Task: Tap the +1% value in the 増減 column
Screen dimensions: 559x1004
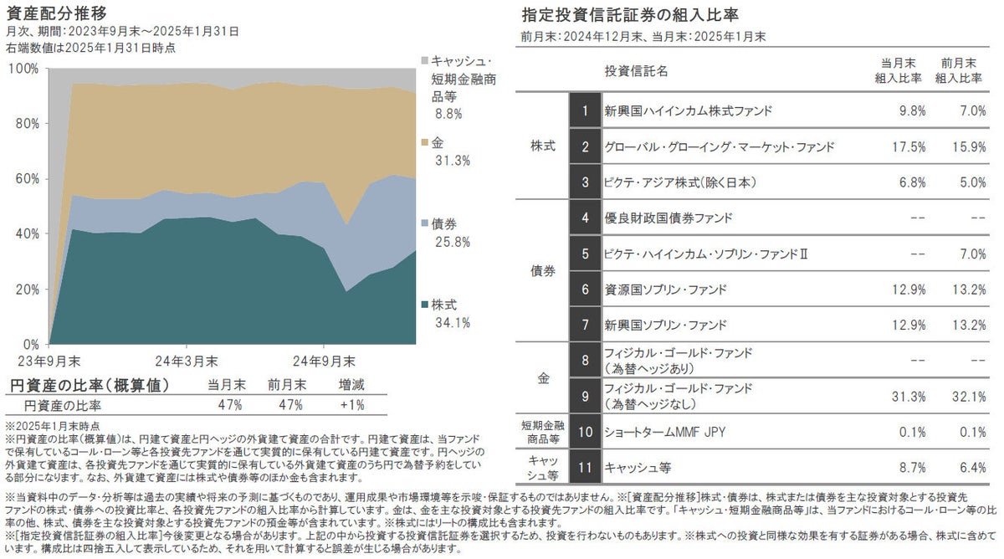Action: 351,406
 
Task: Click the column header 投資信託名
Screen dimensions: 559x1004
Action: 636,71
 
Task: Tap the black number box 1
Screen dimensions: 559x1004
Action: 585,110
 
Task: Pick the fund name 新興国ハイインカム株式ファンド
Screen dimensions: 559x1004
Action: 688,110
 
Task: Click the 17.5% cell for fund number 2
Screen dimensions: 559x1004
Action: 909,146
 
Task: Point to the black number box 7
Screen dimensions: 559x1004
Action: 585,325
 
